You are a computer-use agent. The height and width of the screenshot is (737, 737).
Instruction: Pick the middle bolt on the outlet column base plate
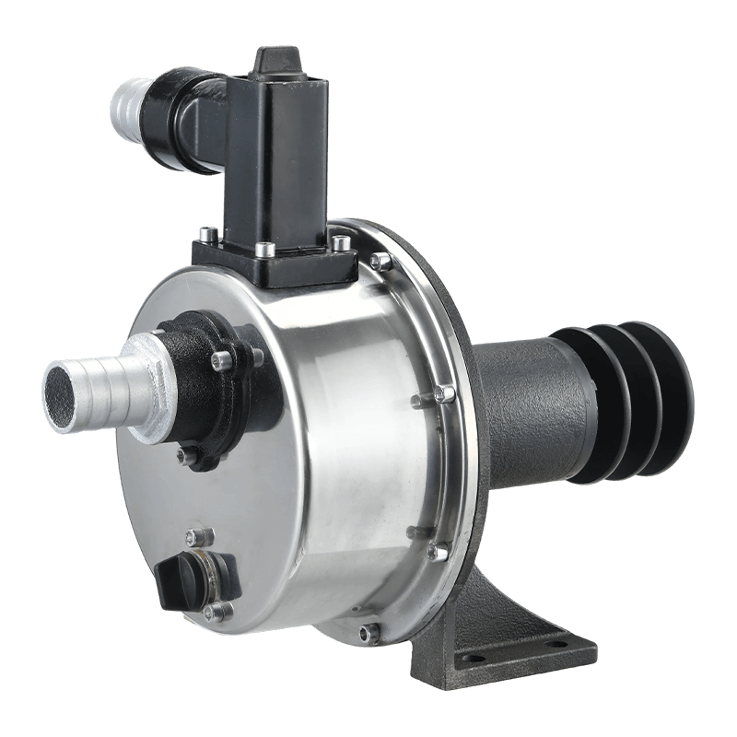(x=265, y=247)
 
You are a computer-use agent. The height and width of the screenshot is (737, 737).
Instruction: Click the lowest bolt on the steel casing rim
(x=368, y=632)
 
